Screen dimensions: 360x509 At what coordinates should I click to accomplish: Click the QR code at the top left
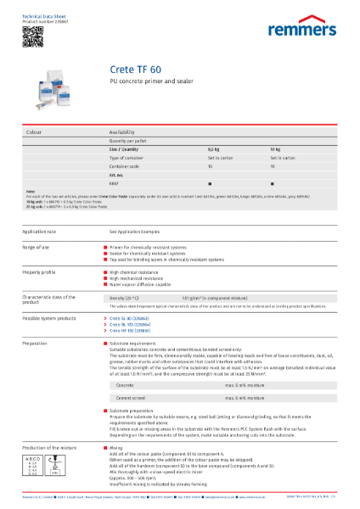[x=31, y=35]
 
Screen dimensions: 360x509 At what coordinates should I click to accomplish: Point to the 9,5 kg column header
[x=213, y=148]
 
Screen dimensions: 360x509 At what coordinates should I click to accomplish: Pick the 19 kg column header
[x=274, y=148]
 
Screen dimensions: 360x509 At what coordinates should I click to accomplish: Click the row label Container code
[x=126, y=165]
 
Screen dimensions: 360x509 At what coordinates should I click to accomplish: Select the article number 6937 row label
[x=115, y=182]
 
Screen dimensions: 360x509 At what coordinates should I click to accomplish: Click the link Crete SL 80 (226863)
[x=131, y=314]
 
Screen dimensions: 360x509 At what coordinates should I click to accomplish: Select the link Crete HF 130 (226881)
[x=132, y=329]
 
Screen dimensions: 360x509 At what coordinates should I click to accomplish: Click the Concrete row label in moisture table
[x=126, y=384]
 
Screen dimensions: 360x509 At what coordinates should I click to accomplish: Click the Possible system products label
[x=50, y=314]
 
